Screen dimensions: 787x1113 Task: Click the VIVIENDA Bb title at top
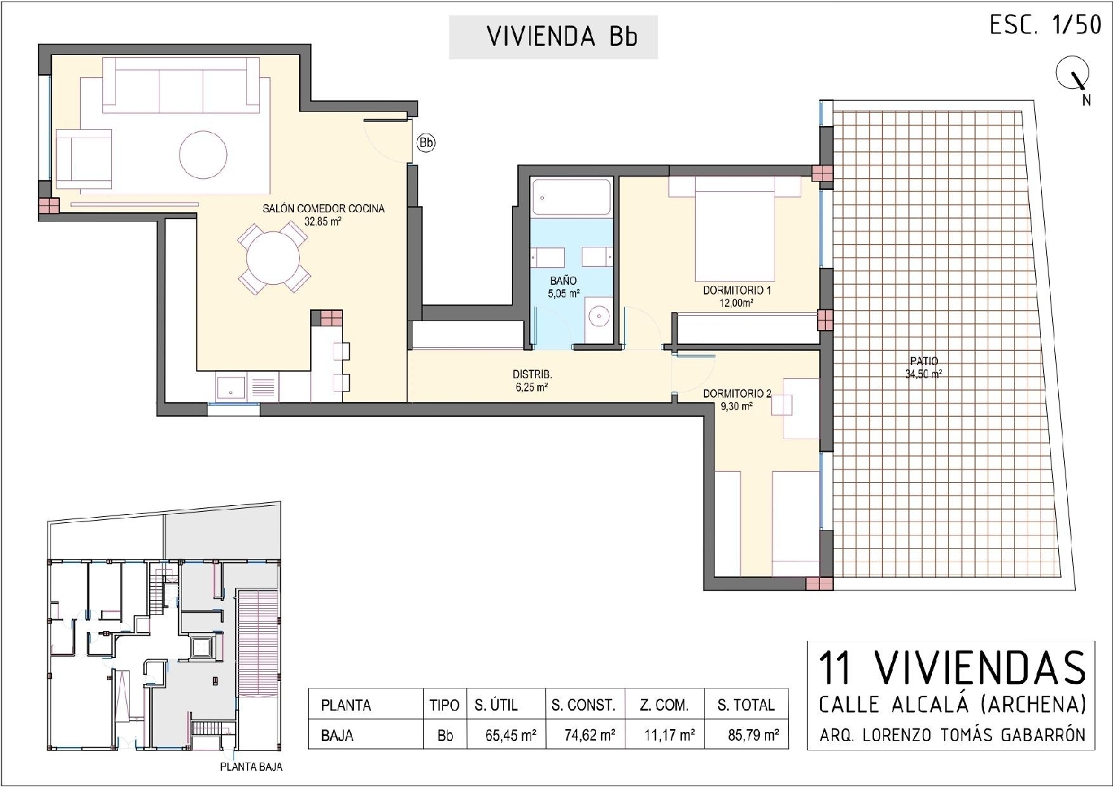tap(553, 37)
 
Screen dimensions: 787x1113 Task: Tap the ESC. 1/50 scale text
tap(1044, 25)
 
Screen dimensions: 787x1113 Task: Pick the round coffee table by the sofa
tap(203, 154)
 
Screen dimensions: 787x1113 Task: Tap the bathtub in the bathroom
tap(571, 197)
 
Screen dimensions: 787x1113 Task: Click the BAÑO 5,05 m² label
tap(563, 287)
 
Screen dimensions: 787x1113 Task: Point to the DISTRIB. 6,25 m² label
tap(532, 381)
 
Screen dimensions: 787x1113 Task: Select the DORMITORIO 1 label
tap(737, 296)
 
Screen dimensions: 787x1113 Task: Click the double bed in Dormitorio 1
tap(735, 231)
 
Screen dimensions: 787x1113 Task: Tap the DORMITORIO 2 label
tap(737, 399)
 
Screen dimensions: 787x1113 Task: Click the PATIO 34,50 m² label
tap(923, 368)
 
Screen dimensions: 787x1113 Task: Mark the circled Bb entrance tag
tap(426, 142)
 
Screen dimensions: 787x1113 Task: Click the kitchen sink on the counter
tap(231, 386)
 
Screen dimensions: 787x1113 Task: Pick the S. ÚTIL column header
tap(496, 705)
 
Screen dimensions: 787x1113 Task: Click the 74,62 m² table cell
tap(583, 736)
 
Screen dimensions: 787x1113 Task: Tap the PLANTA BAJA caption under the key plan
tap(251, 767)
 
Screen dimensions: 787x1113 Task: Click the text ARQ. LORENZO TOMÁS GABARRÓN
tap(952, 735)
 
